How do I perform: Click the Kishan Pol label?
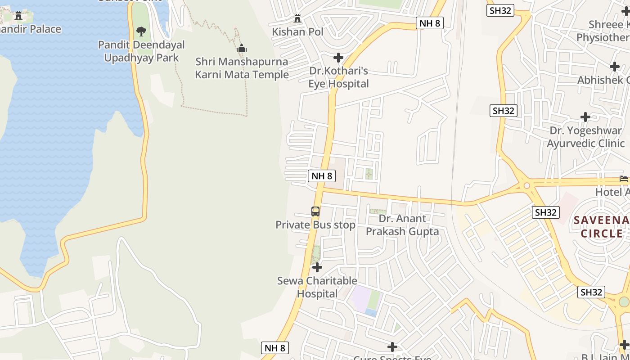[x=297, y=32]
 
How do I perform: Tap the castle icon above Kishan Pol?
[x=297, y=19]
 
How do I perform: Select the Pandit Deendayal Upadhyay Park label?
[x=141, y=51]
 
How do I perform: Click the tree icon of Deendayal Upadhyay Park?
[x=141, y=31]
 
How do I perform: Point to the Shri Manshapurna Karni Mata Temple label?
[x=242, y=68]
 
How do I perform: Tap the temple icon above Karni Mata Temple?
[x=242, y=49]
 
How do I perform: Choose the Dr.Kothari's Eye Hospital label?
[x=338, y=77]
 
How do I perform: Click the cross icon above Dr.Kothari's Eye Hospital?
[x=338, y=58]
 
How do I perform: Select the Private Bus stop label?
[x=315, y=225]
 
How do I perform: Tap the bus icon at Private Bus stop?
[x=315, y=211]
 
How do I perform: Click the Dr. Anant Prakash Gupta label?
[x=402, y=225]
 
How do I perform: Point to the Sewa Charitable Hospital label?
[x=317, y=287]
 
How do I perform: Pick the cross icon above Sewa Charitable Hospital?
[x=317, y=267]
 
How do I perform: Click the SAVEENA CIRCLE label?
[x=601, y=227]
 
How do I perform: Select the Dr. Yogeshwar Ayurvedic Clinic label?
[x=585, y=137]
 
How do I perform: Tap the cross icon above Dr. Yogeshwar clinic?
[x=585, y=117]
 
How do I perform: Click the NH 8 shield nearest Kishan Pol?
[x=430, y=23]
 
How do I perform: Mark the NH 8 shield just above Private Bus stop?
[x=322, y=176]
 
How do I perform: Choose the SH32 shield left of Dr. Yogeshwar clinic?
[x=503, y=111]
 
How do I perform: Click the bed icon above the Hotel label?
[x=624, y=179]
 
